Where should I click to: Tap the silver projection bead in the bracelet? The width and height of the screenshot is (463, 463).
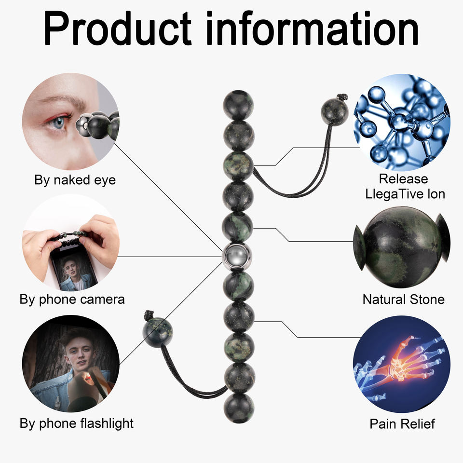click(238, 258)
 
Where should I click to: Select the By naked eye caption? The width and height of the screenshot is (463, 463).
click(75, 180)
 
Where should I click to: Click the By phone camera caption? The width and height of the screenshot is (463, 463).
click(72, 299)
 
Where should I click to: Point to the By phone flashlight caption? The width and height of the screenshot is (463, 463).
click(76, 423)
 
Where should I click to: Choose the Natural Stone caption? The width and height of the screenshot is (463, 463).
click(403, 300)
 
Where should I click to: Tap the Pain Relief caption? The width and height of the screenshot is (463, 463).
click(402, 424)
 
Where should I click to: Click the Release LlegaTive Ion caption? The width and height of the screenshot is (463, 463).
click(403, 186)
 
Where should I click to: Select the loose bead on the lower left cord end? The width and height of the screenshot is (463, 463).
click(158, 332)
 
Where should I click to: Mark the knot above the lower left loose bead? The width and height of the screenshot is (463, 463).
click(149, 316)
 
